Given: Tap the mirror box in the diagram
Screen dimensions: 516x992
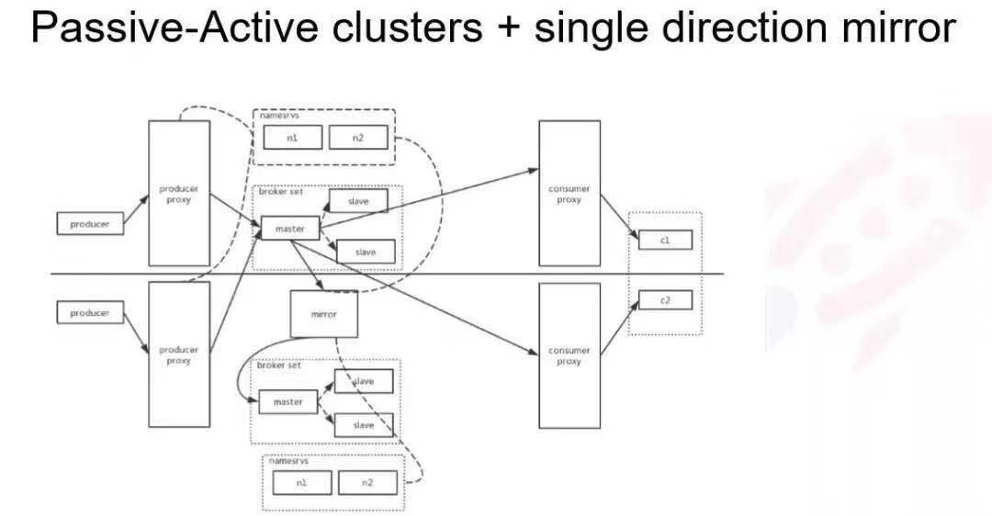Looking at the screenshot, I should tap(323, 314).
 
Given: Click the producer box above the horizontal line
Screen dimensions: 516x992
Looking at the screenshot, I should tap(90, 224).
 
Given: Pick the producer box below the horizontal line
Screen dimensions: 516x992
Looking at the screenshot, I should tap(90, 313).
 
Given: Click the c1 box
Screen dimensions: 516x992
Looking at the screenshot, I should tap(665, 240).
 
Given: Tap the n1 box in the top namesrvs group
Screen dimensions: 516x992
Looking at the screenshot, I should tap(292, 138).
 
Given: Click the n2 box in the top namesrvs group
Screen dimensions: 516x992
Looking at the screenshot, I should tap(357, 138).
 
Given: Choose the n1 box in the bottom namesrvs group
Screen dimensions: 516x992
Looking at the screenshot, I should tap(301, 483).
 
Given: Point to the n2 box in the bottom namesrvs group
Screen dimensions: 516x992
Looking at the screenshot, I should tap(367, 483).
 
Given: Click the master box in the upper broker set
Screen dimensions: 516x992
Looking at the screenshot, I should tap(290, 228).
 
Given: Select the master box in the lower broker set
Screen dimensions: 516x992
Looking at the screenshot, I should tap(288, 402).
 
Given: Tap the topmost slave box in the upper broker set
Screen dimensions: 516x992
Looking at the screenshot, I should tap(358, 200).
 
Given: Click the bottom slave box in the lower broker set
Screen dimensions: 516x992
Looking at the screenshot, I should tap(364, 424).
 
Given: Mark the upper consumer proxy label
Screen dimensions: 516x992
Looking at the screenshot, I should tap(569, 195).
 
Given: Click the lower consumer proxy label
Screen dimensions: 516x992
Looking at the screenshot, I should tap(569, 356).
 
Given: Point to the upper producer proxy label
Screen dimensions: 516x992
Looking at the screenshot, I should tap(179, 195).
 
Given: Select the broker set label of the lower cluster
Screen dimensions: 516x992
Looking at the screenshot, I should tap(278, 365).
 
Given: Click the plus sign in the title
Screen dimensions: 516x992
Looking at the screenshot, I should tap(508, 29).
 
